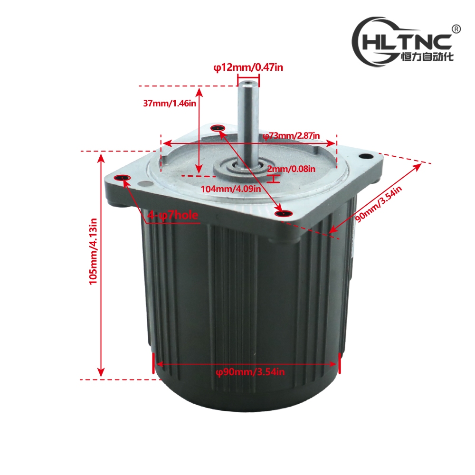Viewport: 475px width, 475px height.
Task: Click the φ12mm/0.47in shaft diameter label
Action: tap(248, 67)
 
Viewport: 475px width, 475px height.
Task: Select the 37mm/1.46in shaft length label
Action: tap(170, 103)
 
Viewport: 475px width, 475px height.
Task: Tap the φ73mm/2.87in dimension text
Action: tap(291, 135)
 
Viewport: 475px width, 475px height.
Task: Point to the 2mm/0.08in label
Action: tap(291, 169)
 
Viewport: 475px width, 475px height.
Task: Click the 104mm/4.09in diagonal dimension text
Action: tap(231, 189)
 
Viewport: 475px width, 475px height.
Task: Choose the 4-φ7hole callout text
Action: tap(173, 215)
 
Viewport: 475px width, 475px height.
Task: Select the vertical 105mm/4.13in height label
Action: tap(93, 251)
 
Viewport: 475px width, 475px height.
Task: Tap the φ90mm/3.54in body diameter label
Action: tap(250, 372)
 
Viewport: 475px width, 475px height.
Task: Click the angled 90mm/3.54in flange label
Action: tap(378, 204)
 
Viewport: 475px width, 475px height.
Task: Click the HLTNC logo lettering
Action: tap(407, 42)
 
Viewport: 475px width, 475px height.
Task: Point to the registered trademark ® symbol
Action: tap(456, 29)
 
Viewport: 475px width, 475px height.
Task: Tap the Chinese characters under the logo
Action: tap(427, 57)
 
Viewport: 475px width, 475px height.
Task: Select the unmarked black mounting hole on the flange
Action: tap(366, 156)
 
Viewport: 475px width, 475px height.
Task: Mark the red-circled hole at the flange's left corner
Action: tap(122, 178)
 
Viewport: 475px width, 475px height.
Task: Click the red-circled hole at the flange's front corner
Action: tap(284, 214)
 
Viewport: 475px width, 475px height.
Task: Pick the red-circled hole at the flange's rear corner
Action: tap(218, 128)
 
